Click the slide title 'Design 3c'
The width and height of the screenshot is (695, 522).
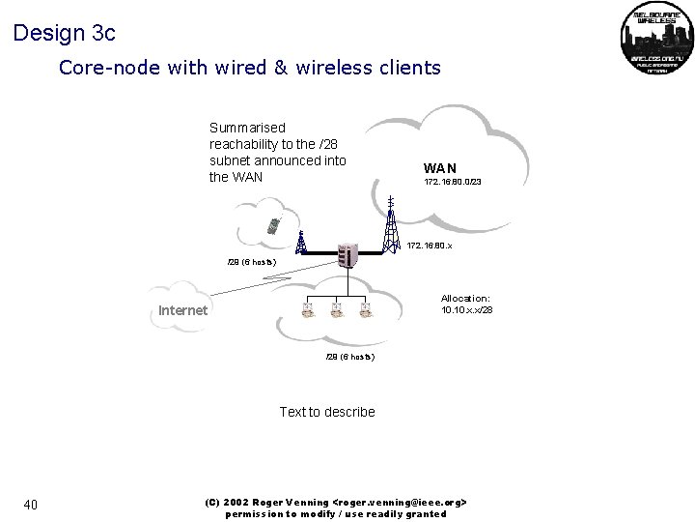(65, 33)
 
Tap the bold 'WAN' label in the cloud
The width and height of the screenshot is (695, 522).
(439, 169)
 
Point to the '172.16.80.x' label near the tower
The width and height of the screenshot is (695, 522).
(430, 246)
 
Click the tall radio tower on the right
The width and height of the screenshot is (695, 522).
(390, 224)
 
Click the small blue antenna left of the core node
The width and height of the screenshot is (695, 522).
(301, 241)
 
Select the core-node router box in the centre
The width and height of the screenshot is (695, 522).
(347, 254)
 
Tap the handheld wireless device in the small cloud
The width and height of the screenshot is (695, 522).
(275, 225)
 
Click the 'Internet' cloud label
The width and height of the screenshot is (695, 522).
(182, 310)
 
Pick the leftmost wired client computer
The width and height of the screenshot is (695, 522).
(308, 309)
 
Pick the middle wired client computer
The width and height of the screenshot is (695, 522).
(337, 309)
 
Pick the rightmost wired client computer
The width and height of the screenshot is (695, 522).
(365, 309)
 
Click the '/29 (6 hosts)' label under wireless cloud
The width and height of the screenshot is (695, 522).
(251, 263)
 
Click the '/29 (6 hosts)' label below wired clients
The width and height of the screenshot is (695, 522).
(349, 357)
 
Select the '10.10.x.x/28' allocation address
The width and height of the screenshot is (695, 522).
(467, 310)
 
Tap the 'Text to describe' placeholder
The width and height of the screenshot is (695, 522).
(327, 412)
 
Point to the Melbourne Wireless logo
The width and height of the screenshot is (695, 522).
(656, 40)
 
